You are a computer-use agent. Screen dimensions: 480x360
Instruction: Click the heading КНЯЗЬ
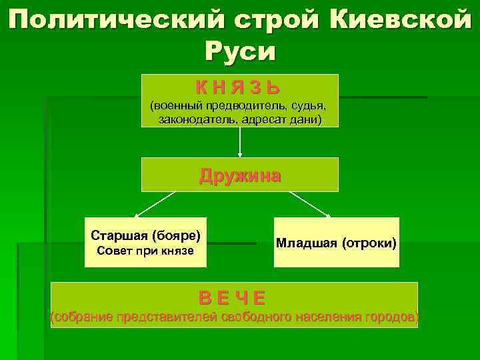[238, 87]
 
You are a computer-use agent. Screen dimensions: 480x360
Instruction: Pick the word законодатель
[197, 119]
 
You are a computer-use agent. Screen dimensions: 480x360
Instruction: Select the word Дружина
[240, 175]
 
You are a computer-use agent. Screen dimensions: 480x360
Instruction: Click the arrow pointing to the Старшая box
[155, 204]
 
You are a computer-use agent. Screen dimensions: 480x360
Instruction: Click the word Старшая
[120, 235]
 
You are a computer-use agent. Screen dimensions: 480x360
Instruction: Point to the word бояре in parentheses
[177, 235]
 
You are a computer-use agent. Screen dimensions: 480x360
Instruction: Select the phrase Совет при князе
[145, 251]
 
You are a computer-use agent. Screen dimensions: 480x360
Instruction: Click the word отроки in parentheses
[369, 243]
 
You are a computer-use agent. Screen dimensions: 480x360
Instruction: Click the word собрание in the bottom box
[83, 317]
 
